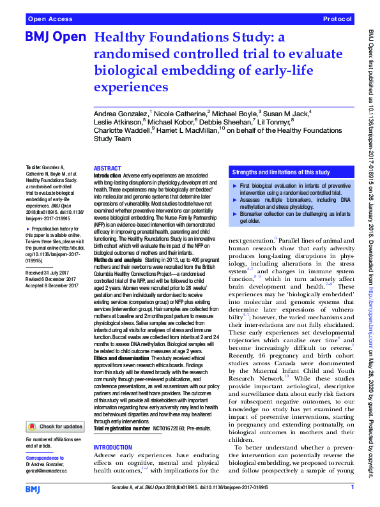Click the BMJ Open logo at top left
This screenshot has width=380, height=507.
click(55, 37)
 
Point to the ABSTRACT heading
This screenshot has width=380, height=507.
click(107, 167)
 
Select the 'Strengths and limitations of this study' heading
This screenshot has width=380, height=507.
click(280, 172)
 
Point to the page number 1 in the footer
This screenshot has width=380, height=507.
click(352, 488)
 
